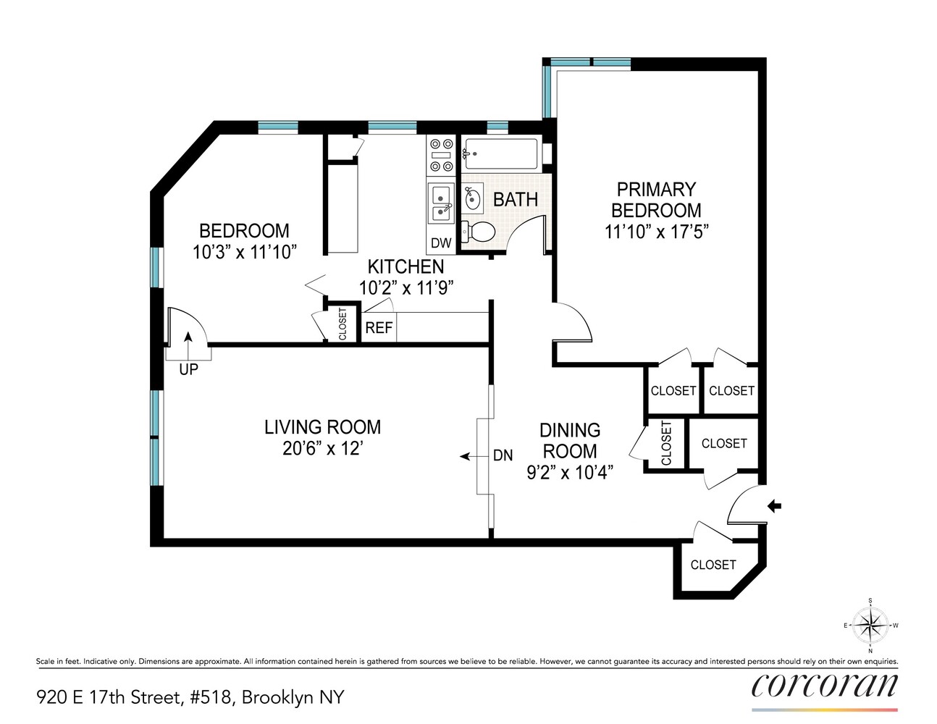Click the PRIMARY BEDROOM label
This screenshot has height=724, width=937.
coord(655,200)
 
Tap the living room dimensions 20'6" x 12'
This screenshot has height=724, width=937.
coord(322,449)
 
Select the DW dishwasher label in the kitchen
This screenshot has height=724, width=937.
coord(441,243)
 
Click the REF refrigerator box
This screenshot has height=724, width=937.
coord(378,328)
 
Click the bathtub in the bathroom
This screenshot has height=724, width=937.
coord(501,153)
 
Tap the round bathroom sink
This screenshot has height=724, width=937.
coord(474,196)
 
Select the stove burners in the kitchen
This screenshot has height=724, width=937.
coord(441,156)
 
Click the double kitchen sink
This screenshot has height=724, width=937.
coord(440,203)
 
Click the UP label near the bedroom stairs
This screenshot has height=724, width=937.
coord(188,370)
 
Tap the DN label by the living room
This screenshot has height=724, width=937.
coord(503,455)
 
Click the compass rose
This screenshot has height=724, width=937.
coord(870,625)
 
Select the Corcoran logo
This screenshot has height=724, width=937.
coord(824,686)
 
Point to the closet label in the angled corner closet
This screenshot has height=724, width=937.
coord(713,565)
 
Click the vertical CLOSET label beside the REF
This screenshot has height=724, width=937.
coord(343,324)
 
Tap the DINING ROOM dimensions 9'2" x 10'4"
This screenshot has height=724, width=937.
coord(570,473)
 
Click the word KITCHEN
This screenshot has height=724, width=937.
coord(406,266)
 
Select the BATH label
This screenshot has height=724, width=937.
coord(515,199)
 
